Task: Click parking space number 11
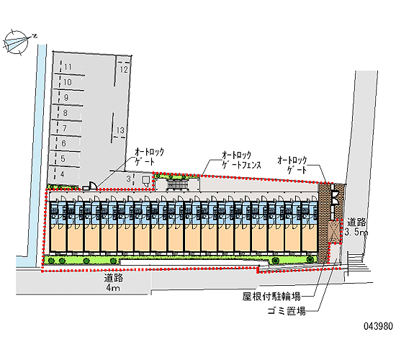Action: [x=68, y=67]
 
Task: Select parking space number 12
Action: [x=124, y=70]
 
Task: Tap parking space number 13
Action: [x=120, y=130]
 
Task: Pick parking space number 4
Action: [x=62, y=174]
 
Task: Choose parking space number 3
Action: [x=129, y=179]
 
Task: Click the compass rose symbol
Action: [x=17, y=42]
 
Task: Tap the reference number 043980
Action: [x=378, y=326]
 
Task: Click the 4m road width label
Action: [x=113, y=288]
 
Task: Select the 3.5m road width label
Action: [x=356, y=232]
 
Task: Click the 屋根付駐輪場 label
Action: [x=271, y=297]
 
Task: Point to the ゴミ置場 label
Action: [x=287, y=311]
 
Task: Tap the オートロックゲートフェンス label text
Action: [x=241, y=160]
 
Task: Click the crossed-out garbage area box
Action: [x=334, y=232]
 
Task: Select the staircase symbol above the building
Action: [x=178, y=184]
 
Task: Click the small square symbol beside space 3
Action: [x=145, y=181]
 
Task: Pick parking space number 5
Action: [x=63, y=159]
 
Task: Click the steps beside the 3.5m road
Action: [x=356, y=264]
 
